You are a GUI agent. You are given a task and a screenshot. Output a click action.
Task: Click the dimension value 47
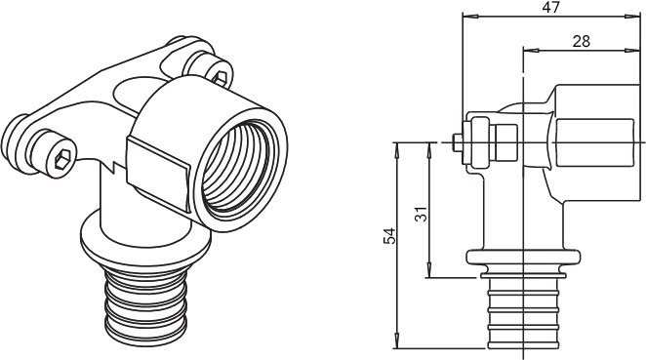point(551,7)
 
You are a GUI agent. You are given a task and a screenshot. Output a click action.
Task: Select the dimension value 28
point(581,41)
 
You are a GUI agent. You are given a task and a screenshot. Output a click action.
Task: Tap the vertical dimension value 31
point(421,214)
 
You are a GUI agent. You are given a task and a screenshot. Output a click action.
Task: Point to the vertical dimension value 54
point(389,236)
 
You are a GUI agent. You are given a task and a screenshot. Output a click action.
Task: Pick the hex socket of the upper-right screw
point(220,77)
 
